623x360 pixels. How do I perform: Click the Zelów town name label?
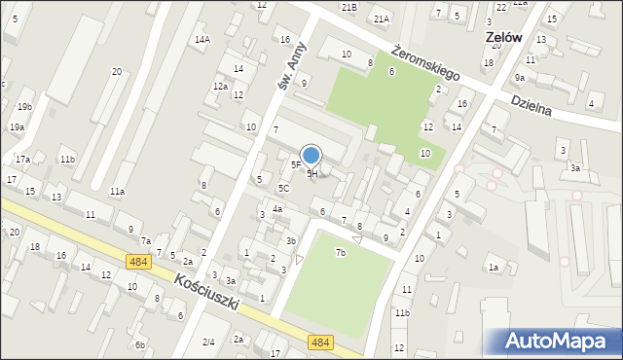point(504,37)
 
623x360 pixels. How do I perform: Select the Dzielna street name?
point(531,104)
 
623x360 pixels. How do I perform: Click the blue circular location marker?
point(311,156)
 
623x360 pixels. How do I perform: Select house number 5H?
point(312,173)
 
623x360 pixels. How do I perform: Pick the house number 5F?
point(295,165)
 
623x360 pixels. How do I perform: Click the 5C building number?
point(283,188)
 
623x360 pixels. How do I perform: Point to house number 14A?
point(202,40)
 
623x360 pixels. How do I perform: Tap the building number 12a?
point(221,87)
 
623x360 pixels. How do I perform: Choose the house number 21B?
point(348,7)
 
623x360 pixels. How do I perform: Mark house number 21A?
point(381,18)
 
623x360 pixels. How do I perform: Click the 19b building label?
point(24,106)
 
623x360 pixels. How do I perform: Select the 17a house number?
point(22,159)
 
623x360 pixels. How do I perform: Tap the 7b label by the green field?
point(341,253)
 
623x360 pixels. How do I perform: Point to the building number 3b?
point(290,240)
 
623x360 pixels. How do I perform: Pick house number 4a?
point(277,209)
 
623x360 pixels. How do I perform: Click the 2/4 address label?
point(208,342)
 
